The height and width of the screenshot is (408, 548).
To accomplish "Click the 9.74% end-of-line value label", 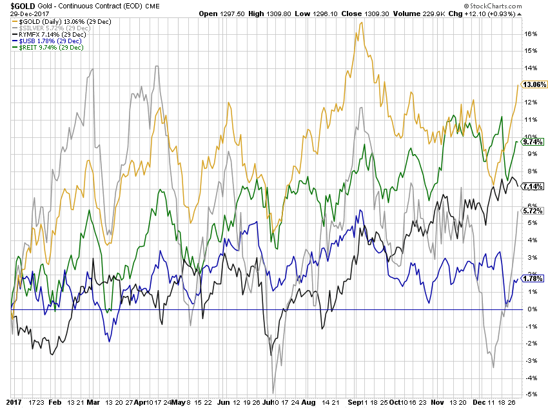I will click(534, 142).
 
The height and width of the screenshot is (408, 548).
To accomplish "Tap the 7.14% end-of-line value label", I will click(534, 186).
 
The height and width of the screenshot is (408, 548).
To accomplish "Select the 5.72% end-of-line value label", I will click(534, 211).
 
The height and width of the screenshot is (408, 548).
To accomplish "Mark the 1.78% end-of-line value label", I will click(534, 278).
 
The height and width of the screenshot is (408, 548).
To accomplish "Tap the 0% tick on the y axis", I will click(529, 309).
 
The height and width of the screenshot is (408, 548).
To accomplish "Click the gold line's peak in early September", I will click(361, 23).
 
